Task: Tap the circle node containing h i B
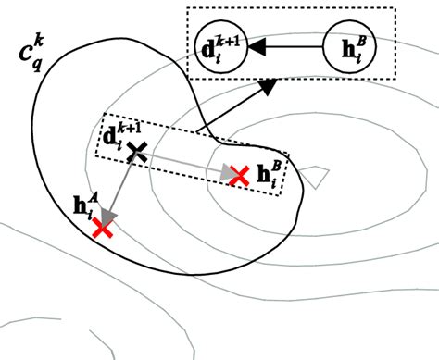(347, 44)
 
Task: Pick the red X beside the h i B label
(238, 173)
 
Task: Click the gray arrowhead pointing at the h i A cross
(108, 216)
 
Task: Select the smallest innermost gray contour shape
(315, 173)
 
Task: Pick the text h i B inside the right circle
(347, 44)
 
